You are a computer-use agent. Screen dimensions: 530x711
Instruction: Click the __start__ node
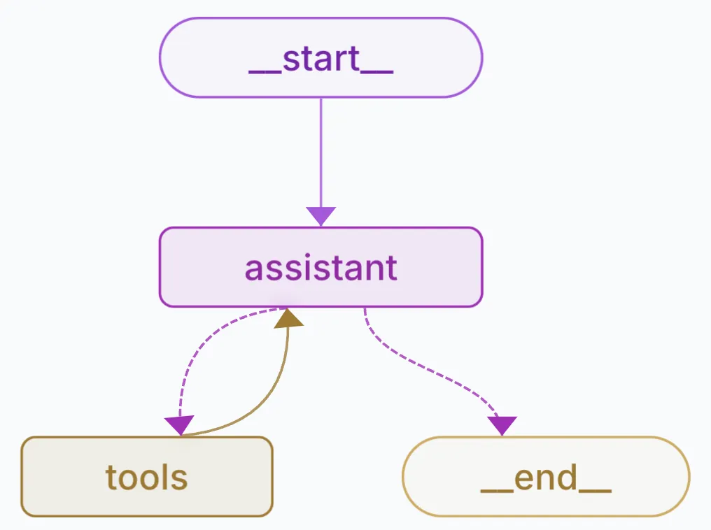tap(321, 57)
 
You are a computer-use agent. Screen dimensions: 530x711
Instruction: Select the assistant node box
tap(321, 267)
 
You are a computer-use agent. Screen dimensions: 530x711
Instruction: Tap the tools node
tap(146, 477)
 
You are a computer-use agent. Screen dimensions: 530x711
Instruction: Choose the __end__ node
tap(546, 477)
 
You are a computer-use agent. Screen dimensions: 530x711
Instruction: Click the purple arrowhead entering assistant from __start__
tap(321, 216)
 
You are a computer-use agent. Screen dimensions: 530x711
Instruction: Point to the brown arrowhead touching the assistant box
tap(288, 319)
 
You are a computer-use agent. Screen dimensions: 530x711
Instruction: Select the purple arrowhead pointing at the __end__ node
tap(502, 425)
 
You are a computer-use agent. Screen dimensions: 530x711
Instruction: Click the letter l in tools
tap(167, 477)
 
